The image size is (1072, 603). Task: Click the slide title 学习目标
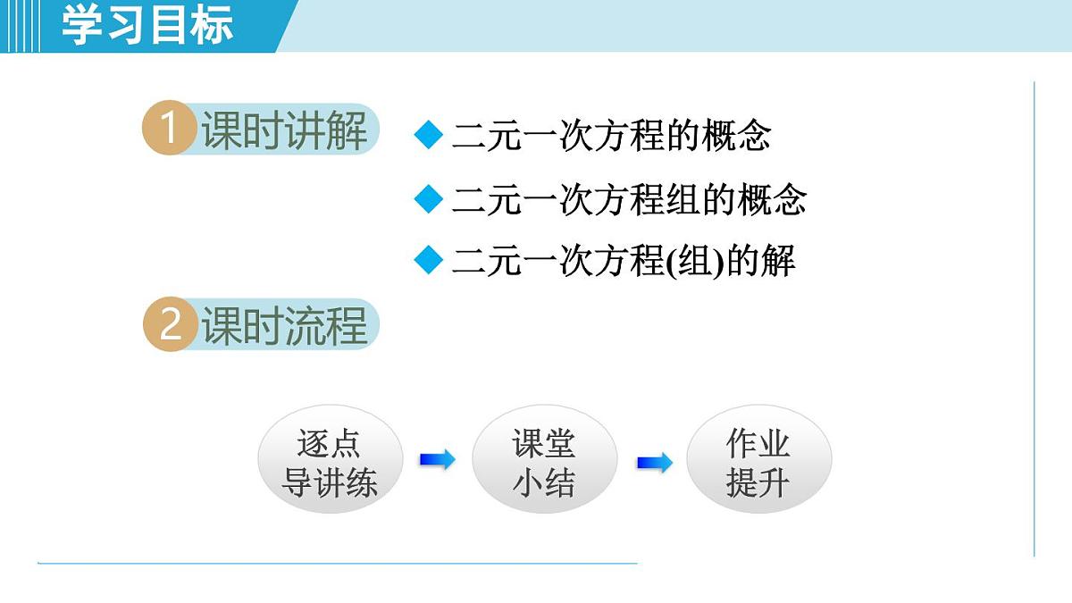pyautogui.click(x=147, y=25)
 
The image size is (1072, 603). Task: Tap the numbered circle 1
pyautogui.click(x=168, y=130)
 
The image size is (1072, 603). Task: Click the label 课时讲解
pyautogui.click(x=284, y=131)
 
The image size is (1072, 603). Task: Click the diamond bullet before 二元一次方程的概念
pyautogui.click(x=429, y=136)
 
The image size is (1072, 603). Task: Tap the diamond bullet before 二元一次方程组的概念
pyautogui.click(x=429, y=198)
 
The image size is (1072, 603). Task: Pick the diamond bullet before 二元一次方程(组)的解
pyautogui.click(x=429, y=261)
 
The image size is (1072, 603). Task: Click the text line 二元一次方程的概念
pyautogui.click(x=611, y=136)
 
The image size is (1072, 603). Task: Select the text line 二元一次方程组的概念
pyautogui.click(x=629, y=199)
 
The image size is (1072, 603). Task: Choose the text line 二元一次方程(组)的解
pyautogui.click(x=624, y=262)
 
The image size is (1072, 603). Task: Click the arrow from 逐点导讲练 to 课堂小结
pyautogui.click(x=437, y=460)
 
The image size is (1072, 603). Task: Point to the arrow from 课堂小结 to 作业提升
pyautogui.click(x=655, y=463)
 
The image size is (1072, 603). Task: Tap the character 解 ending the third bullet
pyautogui.click(x=778, y=262)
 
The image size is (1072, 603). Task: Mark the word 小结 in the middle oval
pyautogui.click(x=544, y=484)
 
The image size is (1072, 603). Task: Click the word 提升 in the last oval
pyautogui.click(x=758, y=484)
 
